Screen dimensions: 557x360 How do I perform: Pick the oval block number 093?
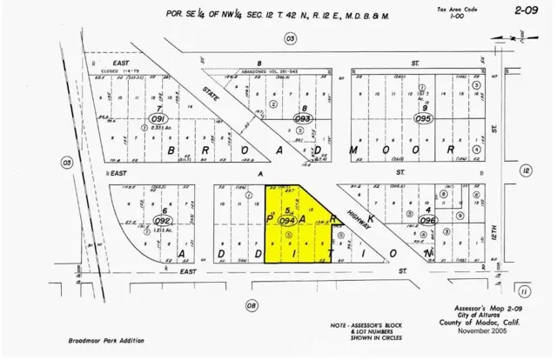[303, 119]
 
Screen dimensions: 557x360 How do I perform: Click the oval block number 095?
[424, 119]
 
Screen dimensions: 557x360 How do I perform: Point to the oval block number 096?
[427, 221]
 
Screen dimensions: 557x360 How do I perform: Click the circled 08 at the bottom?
[252, 304]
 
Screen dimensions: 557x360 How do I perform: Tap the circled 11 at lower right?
[524, 290]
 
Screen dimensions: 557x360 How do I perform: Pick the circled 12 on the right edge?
[526, 171]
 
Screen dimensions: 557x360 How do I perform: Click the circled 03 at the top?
[291, 38]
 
